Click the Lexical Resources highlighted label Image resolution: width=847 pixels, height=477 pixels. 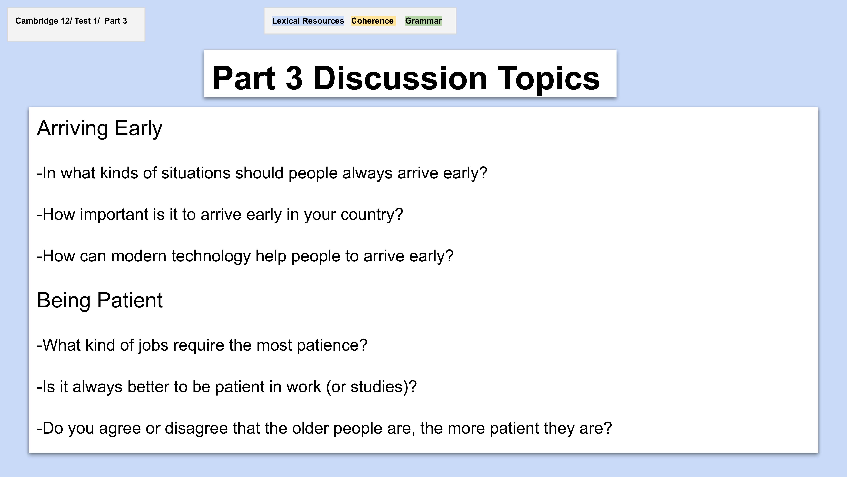tap(308, 21)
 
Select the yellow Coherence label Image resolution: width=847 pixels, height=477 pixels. tap(372, 21)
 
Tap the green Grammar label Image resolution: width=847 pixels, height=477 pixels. tap(423, 21)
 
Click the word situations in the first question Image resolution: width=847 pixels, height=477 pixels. tap(196, 173)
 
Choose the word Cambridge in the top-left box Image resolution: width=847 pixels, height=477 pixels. tap(37, 21)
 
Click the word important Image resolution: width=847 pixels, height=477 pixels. tap(114, 215)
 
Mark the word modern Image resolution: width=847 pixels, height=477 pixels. tap(138, 256)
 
